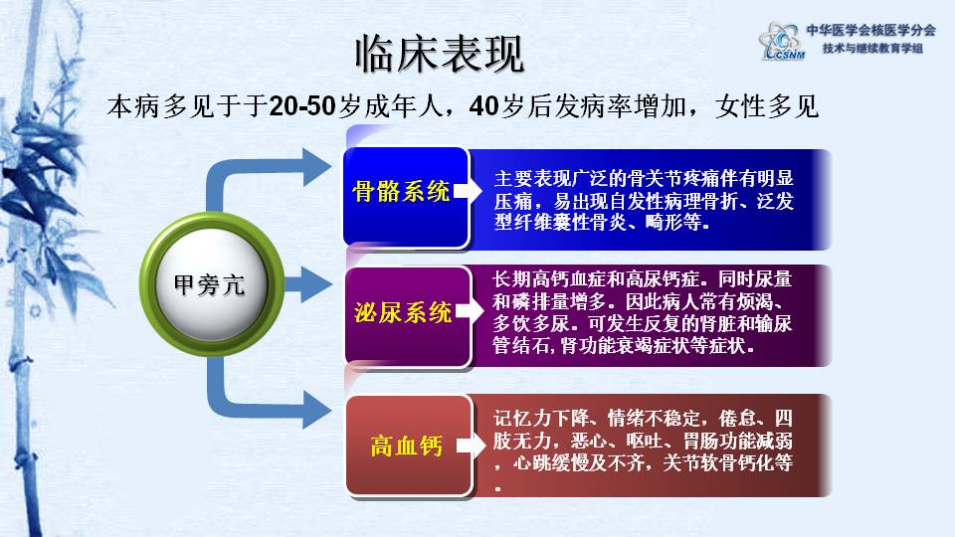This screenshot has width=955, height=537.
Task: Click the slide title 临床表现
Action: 439,57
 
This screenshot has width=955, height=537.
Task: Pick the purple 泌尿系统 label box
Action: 403,313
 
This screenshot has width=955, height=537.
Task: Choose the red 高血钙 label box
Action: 405,446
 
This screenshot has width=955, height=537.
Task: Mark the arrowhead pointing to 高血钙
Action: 315,408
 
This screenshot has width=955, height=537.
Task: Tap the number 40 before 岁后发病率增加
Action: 483,106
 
